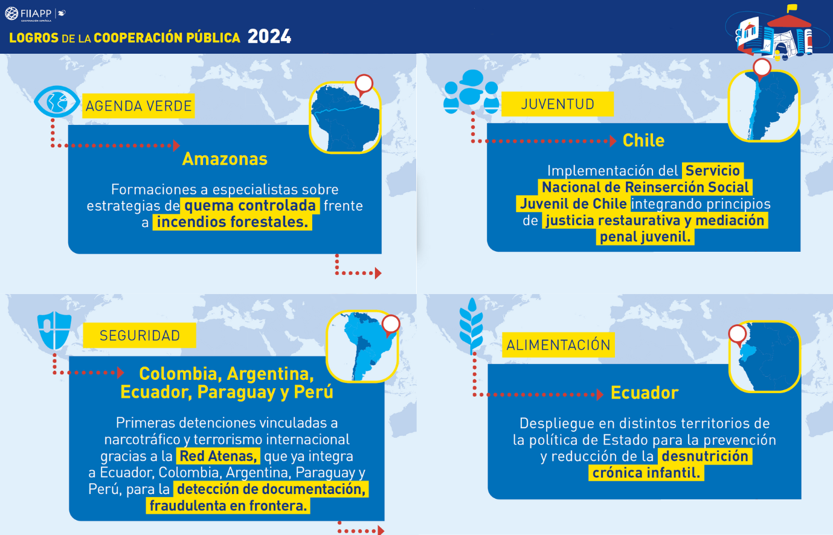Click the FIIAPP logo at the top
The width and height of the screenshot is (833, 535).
[35, 14]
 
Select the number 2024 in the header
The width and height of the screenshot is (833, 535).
[269, 37]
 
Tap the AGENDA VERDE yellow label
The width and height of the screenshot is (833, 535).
[138, 106]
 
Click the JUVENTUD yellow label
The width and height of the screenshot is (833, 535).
[558, 104]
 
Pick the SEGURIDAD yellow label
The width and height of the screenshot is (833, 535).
[140, 335]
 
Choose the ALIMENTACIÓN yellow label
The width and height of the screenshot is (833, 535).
[558, 345]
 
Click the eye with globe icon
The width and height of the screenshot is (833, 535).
[57, 101]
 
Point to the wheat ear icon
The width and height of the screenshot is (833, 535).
[471, 325]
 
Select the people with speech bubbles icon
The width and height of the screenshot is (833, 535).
[471, 91]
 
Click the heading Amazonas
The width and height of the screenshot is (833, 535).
[225, 159]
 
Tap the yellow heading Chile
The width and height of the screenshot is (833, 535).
[643, 141]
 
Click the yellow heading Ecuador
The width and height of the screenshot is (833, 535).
[645, 392]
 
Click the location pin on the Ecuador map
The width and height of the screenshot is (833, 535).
[738, 335]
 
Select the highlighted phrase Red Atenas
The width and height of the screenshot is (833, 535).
[218, 456]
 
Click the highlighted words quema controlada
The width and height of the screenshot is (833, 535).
[250, 205]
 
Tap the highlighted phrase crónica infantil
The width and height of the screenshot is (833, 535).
[646, 473]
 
